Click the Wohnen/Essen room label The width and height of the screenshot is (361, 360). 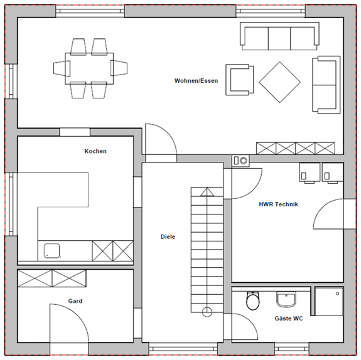click(196, 81)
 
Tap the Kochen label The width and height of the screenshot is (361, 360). click(95, 151)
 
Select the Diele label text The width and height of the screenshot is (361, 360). click(168, 236)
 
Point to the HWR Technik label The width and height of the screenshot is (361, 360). click(278, 204)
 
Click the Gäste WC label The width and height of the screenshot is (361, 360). click(289, 319)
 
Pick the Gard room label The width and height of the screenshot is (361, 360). click(75, 301)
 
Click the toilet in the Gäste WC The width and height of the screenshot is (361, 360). click(253, 300)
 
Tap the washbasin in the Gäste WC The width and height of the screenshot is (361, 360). click(286, 299)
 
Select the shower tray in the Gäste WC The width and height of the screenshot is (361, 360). click(329, 301)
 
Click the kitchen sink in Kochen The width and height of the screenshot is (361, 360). click(52, 251)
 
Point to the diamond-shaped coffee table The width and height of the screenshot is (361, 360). click(280, 82)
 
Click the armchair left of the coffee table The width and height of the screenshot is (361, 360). click(240, 80)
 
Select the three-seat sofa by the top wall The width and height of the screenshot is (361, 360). click(279, 36)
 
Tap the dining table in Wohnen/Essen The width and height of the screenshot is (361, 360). click(89, 68)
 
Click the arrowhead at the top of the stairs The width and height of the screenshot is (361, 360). click(207, 192)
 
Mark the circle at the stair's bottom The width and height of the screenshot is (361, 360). click(207, 312)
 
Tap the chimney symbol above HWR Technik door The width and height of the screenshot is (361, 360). click(240, 161)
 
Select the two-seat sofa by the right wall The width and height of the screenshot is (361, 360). click(326, 85)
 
